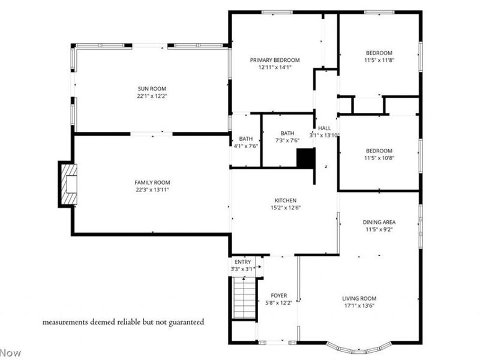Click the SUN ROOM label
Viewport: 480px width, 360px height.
(152, 88)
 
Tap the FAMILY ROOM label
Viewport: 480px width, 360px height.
(152, 182)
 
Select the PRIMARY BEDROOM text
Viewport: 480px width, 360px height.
(275, 60)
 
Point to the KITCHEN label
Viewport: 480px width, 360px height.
(285, 200)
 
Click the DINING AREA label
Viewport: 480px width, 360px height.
(379, 222)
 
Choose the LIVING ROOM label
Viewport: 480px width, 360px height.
(359, 298)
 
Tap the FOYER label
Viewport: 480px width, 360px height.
(279, 295)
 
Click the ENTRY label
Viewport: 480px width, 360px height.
(242, 262)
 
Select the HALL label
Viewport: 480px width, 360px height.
(325, 128)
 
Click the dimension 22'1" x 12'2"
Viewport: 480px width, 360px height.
(152, 95)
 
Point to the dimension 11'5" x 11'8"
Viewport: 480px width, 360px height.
(379, 60)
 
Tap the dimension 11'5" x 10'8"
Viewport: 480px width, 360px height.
(379, 158)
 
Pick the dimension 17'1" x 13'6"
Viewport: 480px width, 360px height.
(359, 305)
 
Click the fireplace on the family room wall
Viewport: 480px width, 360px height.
(68, 183)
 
